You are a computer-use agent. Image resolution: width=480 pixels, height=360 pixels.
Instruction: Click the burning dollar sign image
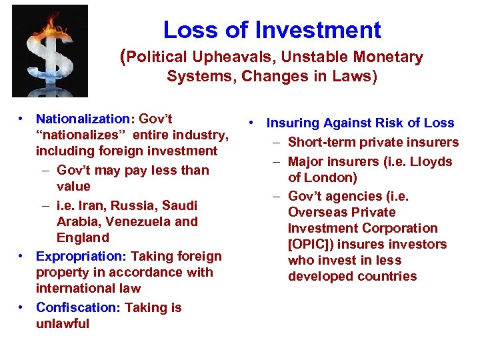click(x=50, y=53)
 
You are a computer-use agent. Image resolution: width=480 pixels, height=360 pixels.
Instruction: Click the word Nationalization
click(x=84, y=119)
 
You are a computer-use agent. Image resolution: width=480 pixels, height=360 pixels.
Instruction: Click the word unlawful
click(x=63, y=323)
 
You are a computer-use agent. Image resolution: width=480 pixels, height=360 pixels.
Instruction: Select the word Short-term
click(x=321, y=142)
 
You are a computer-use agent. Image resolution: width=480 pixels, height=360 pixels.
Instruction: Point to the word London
click(x=331, y=177)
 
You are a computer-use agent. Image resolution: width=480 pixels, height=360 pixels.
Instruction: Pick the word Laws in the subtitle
click(x=358, y=77)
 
